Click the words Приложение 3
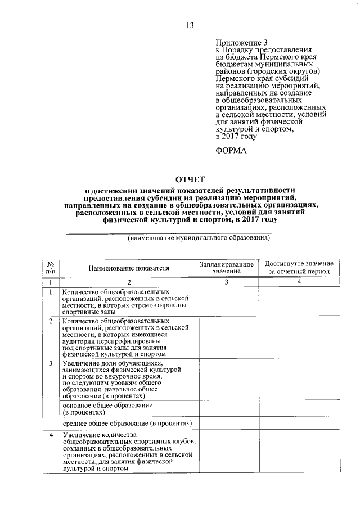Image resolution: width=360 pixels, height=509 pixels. pyautogui.click(x=238, y=43)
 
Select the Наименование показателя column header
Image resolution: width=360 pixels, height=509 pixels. pyautogui.click(x=129, y=268)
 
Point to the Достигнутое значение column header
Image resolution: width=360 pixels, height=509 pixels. pyautogui.click(x=299, y=268)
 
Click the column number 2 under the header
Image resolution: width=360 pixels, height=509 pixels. pyautogui.click(x=129, y=282)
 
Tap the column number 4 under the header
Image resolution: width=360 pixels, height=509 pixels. pyautogui.click(x=299, y=282)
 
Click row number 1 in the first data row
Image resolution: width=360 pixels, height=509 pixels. pyautogui.click(x=51, y=292)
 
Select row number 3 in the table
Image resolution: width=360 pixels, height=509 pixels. pyautogui.click(x=51, y=364)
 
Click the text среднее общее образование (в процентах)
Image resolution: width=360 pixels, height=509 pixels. pyautogui.click(x=128, y=423)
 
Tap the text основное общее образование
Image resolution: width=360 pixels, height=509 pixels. pyautogui.click(x=107, y=405)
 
